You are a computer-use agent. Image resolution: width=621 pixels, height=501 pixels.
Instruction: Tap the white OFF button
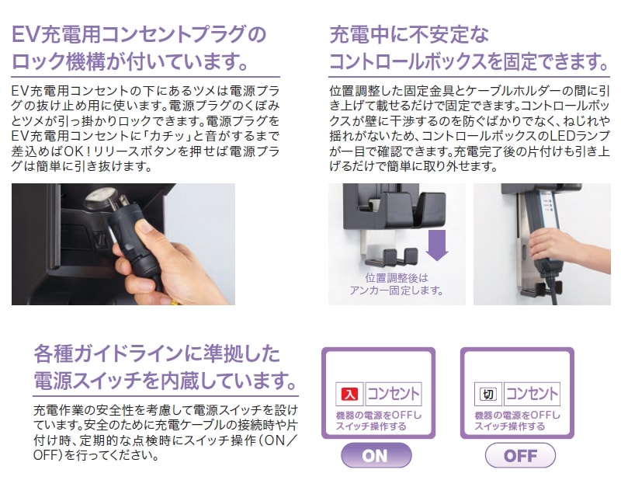[520, 455]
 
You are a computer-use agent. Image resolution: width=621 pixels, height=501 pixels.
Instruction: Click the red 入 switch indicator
[349, 395]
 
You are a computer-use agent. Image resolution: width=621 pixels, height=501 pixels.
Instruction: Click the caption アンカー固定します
[396, 291]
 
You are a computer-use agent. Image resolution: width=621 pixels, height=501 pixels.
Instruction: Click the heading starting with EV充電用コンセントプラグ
[139, 34]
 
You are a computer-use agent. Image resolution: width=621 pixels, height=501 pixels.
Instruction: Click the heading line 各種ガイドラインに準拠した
[155, 353]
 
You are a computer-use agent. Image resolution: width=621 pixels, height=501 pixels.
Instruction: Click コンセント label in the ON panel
[393, 395]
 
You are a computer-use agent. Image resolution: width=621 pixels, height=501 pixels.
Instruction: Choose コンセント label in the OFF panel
[532, 395]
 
